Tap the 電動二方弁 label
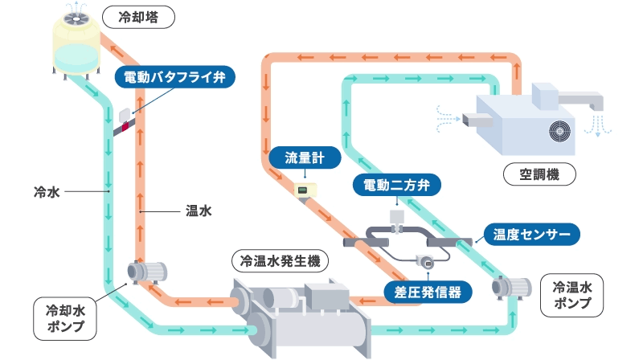tap(397, 186)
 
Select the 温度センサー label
tap(531, 235)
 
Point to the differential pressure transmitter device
tap(424, 261)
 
